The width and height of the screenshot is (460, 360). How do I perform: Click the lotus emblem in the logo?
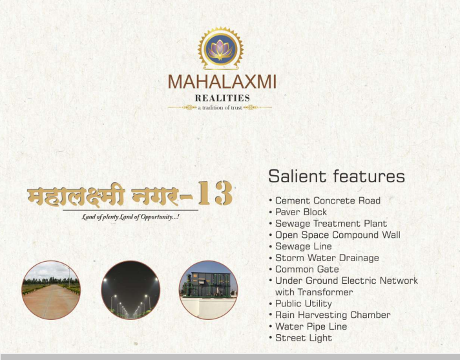pos(220,48)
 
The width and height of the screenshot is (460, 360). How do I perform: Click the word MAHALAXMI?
pos(222,82)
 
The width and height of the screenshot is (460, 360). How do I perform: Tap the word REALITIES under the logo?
pos(222,98)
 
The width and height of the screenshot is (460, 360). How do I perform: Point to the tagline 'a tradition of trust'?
pos(220,108)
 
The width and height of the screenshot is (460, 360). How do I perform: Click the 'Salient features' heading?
pos(337,176)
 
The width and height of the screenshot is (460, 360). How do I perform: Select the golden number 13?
pos(216,193)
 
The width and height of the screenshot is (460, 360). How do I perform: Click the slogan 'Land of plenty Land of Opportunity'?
pos(131,217)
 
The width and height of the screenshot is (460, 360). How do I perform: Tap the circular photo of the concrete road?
pos(51,290)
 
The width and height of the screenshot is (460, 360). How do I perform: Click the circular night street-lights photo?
pos(131,290)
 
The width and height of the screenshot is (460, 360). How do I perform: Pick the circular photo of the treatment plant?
pos(208,290)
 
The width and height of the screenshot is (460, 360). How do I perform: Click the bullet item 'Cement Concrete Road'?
pos(328,201)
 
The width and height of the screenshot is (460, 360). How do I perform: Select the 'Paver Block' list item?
pos(301,212)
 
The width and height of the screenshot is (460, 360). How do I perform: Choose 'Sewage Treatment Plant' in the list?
pos(331,224)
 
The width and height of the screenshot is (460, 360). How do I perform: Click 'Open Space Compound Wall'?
pos(338,235)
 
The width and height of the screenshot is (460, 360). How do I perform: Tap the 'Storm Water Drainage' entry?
pos(327,258)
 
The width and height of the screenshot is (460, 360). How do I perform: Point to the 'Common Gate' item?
pos(307,270)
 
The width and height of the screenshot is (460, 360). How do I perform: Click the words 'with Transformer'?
pos(314,292)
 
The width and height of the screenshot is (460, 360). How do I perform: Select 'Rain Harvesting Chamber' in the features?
pos(333,315)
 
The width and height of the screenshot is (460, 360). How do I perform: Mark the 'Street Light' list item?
pos(304,338)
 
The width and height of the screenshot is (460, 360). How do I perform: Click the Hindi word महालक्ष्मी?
pos(76,195)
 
